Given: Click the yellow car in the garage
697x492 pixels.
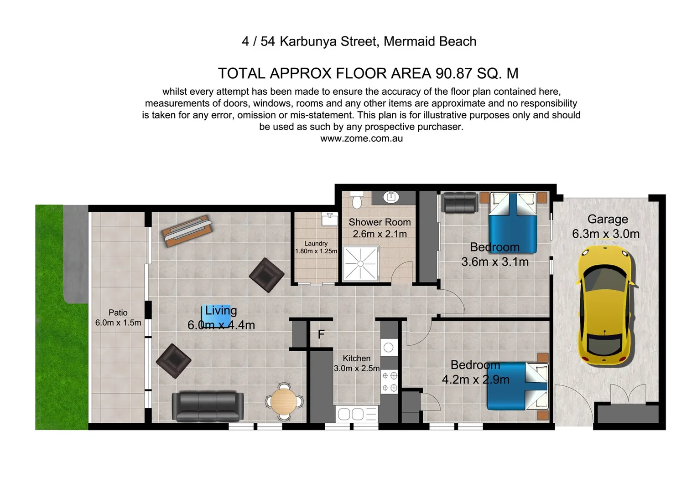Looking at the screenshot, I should [x=606, y=305].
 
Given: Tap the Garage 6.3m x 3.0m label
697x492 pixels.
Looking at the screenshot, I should [x=606, y=226].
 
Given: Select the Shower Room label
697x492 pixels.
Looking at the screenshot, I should [x=380, y=222].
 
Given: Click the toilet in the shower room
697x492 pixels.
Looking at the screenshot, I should [x=357, y=200].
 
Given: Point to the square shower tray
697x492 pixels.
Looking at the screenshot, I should [x=361, y=263].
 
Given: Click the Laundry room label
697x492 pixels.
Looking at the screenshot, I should [x=316, y=244].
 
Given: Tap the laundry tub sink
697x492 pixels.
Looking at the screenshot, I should [x=329, y=219].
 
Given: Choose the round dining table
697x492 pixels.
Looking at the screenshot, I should [x=285, y=401].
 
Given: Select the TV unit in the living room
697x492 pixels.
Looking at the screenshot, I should [x=187, y=230].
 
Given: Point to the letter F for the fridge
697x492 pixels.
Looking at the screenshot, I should [x=321, y=334].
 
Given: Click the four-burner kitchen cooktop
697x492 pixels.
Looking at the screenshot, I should [x=390, y=382].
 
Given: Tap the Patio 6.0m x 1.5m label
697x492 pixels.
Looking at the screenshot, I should [x=118, y=318].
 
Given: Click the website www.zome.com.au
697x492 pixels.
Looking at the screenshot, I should [x=361, y=138].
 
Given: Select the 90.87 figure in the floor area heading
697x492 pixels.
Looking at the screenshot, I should [x=454, y=73].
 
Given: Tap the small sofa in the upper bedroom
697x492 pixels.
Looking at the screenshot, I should [x=460, y=203].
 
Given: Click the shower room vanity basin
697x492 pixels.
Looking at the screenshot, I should [x=391, y=197].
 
